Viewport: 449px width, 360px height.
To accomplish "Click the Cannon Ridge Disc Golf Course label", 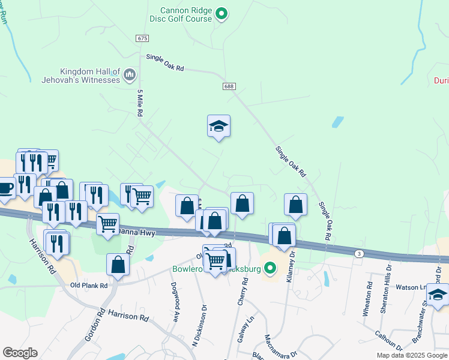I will tap(186, 14).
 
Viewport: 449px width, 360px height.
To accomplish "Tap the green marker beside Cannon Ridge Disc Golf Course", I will tap(221, 13).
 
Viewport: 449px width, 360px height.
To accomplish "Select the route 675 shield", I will tap(142, 38).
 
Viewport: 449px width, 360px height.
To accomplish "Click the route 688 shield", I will tap(229, 86).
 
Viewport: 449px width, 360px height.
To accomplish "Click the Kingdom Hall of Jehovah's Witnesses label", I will tap(81, 74).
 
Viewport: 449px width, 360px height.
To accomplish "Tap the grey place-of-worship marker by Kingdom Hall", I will tap(130, 75).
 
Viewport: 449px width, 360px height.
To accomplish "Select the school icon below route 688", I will tap(219, 126).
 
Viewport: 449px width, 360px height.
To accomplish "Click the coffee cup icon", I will tap(5, 188).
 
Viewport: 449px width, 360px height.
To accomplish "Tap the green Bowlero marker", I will tap(270, 268).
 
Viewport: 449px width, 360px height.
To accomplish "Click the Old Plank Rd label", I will tap(88, 285).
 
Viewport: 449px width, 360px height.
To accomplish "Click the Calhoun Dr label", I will tap(391, 339).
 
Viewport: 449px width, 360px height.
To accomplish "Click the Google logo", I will tap(20, 352).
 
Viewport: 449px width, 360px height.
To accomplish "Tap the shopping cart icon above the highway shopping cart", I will tap(142, 196).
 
